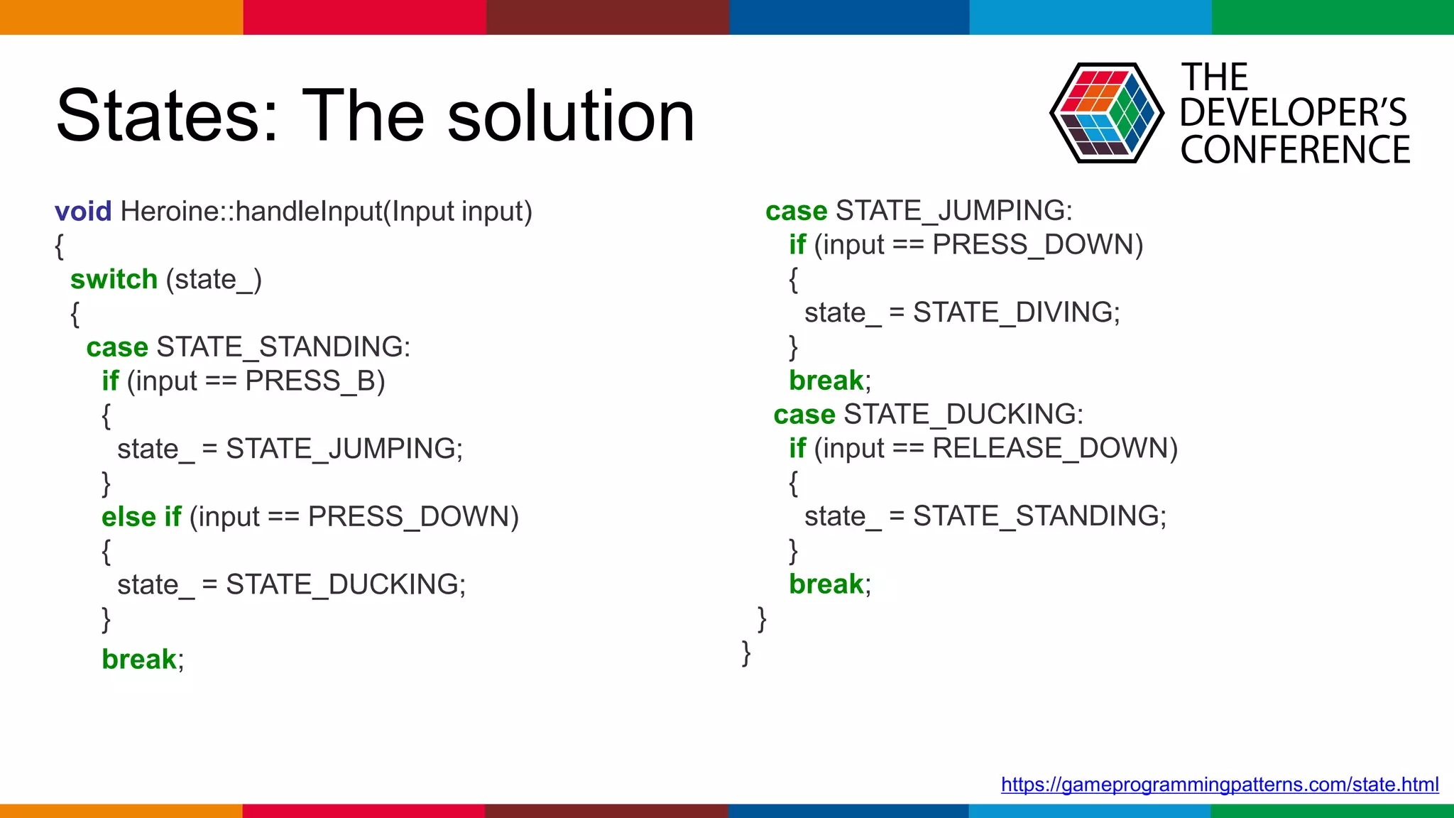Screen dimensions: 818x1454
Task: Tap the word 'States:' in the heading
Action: pos(168,116)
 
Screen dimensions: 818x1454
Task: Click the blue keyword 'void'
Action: pos(83,212)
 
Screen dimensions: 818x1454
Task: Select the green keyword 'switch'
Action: pos(114,280)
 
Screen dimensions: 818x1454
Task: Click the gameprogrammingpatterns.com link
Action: pos(1219,785)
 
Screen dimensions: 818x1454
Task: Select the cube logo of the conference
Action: pos(1106,113)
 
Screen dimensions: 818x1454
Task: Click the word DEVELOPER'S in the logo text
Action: pos(1293,113)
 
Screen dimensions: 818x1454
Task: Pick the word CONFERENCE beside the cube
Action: pos(1295,150)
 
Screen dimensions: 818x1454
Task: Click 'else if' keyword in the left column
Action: pos(141,517)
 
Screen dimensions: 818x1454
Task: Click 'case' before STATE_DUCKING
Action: pos(804,415)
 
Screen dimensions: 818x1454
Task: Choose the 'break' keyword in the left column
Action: pos(139,660)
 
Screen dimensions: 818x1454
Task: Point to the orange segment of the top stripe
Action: pos(121,17)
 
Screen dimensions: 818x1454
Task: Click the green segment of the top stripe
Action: pos(1333,17)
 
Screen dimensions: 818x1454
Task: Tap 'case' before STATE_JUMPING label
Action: pos(796,211)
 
